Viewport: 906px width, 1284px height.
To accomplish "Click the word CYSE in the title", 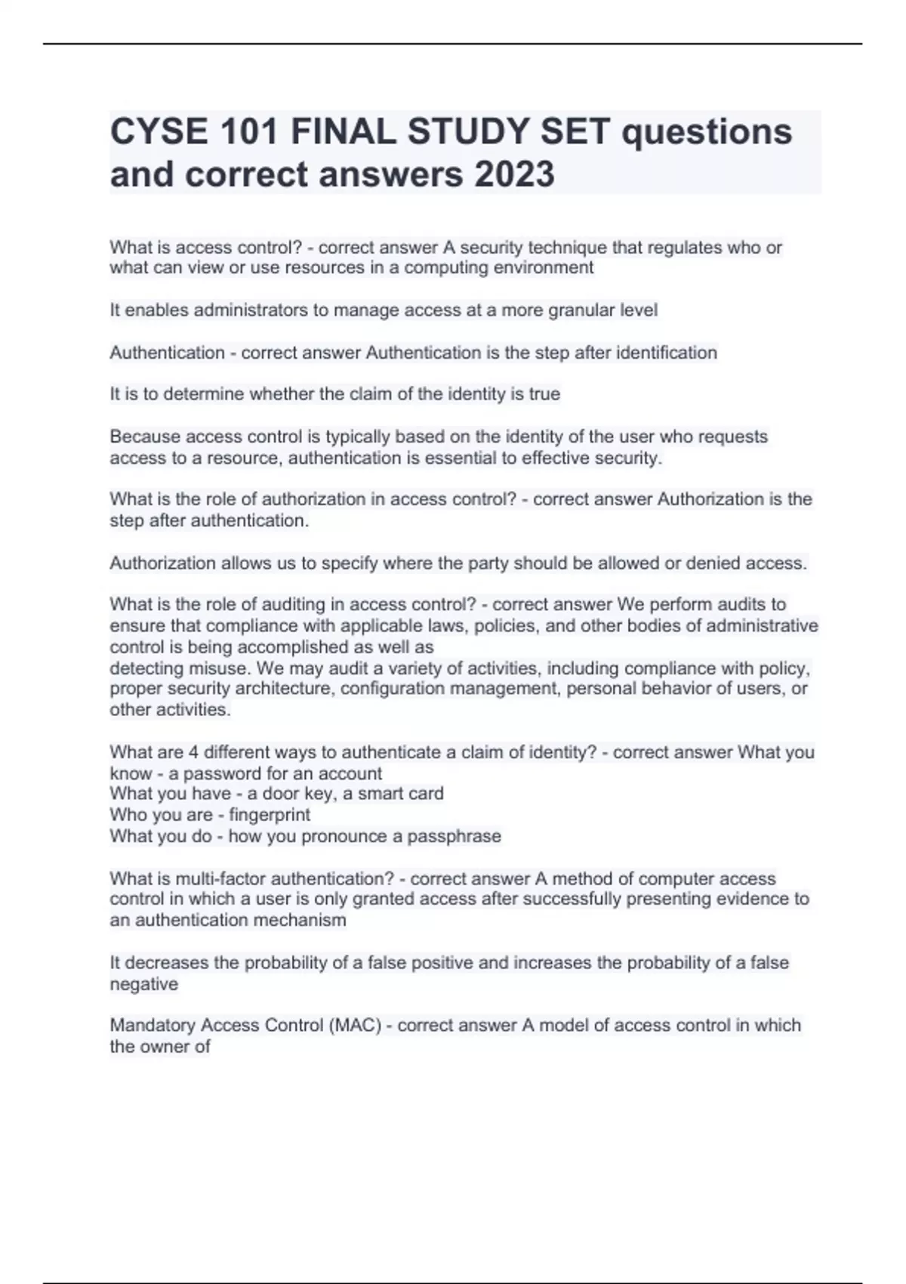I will [159, 132].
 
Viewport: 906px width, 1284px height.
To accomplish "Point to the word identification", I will [667, 353].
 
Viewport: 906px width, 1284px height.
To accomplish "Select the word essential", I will [467, 458].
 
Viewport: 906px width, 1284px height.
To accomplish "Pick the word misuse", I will [220, 669].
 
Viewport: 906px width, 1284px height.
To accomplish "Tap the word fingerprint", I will [270, 815].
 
